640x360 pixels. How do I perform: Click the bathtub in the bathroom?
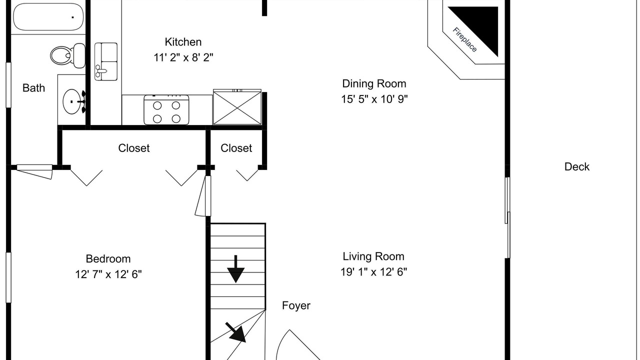tap(48, 17)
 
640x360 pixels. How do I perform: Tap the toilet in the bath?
tap(68, 55)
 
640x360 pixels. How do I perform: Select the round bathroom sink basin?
tap(71, 101)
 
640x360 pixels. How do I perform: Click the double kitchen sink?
tap(106, 61)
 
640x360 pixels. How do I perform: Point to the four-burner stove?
tap(166, 110)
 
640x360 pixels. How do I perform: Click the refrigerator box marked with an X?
tap(237, 107)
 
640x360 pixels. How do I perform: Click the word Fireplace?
tap(464, 39)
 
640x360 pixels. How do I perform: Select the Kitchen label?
tap(183, 42)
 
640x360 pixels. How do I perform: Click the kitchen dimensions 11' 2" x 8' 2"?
tap(183, 57)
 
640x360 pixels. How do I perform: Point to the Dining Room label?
tap(374, 83)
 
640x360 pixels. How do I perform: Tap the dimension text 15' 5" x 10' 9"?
tap(374, 99)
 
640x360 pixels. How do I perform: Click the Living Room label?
tap(373, 256)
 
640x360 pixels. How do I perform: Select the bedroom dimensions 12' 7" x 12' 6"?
tap(108, 274)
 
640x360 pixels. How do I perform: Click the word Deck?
tap(577, 167)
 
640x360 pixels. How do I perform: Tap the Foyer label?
tap(296, 305)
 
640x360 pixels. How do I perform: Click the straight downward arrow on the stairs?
tap(235, 269)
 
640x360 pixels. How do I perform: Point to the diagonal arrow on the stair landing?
tap(236, 332)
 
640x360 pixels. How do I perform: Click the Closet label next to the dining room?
tap(236, 148)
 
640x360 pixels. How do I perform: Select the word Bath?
tap(33, 88)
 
